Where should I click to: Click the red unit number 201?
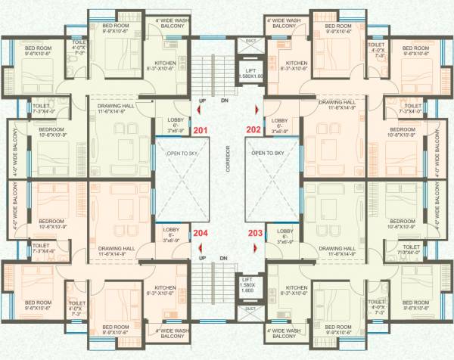201,131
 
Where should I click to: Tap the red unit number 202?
253,131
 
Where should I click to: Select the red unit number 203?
255,233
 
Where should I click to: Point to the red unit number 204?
201,233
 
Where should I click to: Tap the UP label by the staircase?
202,101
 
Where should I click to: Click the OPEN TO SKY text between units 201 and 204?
182,152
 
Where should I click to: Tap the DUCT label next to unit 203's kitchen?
250,308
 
